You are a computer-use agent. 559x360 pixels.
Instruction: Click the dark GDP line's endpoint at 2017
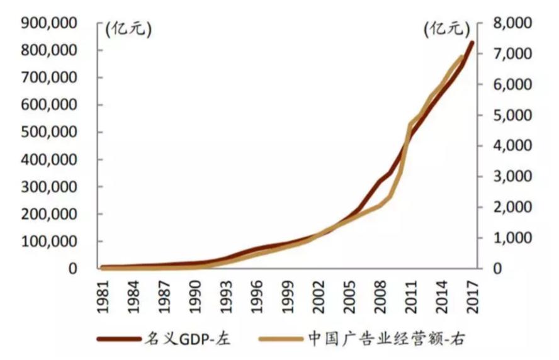pos(473,43)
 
